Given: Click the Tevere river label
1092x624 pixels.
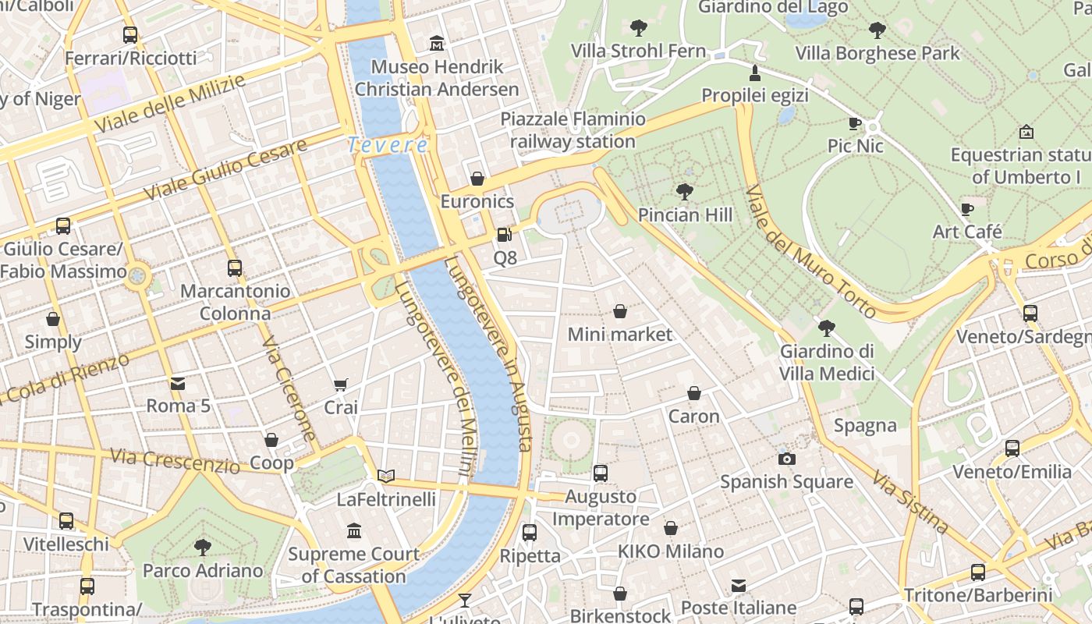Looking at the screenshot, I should (388, 145).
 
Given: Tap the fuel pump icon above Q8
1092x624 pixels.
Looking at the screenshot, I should (505, 234).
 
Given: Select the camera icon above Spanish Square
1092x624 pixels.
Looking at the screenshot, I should (787, 459).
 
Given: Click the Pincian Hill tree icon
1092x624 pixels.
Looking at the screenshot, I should (685, 191).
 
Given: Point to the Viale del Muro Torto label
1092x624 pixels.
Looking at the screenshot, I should (810, 251).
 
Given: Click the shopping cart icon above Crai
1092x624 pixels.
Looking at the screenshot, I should (340, 385).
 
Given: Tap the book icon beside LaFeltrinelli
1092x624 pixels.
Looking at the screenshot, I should (386, 476).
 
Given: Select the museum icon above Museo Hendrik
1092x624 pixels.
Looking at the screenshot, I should (437, 43).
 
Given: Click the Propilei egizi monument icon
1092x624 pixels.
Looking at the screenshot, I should (754, 73).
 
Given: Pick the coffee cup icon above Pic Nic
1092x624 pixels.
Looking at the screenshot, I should (855, 123).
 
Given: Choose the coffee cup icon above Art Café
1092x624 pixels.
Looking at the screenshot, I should (967, 209).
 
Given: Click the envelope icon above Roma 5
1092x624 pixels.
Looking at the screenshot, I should (178, 383).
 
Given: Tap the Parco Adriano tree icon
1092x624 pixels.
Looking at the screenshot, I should (203, 547).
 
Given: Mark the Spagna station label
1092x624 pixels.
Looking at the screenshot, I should (865, 426).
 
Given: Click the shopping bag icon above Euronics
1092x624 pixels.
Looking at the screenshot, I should (477, 179).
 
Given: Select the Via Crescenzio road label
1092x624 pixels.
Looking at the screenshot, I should (175, 461).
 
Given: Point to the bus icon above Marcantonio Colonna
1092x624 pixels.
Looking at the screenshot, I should (235, 268).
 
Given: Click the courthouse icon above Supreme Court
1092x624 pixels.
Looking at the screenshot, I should (354, 531).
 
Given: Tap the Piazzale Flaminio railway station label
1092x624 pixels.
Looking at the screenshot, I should (573, 130).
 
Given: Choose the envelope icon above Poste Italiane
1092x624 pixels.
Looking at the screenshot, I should (739, 585).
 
